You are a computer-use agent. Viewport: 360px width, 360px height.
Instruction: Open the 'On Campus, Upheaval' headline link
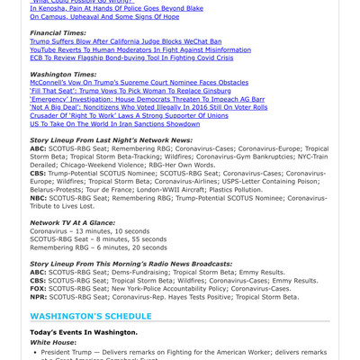click(104, 16)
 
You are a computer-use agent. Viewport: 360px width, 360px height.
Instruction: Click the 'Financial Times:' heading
click(58, 32)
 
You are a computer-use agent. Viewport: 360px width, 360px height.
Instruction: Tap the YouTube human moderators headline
click(140, 49)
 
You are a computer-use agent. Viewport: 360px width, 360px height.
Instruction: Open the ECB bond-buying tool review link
click(131, 58)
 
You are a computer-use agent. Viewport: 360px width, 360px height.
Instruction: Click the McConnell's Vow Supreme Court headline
click(139, 82)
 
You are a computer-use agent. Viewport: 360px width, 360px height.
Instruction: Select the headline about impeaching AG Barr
click(147, 99)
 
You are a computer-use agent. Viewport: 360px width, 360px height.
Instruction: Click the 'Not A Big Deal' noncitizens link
click(148, 107)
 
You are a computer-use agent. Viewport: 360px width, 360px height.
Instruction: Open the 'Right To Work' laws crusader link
click(129, 115)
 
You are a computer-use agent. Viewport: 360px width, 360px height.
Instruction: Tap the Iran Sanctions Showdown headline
click(115, 123)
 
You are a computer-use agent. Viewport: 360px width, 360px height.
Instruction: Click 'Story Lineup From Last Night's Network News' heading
click(112, 140)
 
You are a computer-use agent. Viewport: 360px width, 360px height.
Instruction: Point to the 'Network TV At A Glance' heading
click(72, 221)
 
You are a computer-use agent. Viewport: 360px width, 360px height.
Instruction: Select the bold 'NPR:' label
click(38, 296)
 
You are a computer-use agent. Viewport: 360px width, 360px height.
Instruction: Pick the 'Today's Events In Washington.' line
click(83, 332)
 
